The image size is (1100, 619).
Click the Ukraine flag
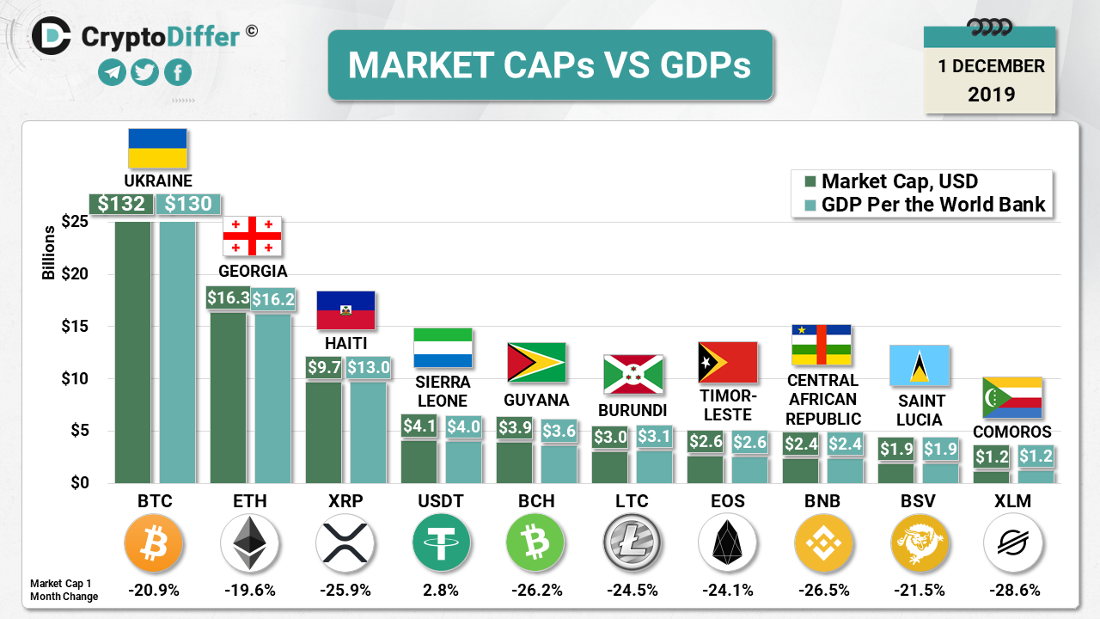tap(157, 148)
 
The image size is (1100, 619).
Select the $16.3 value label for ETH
tap(228, 297)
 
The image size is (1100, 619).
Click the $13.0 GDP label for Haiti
tap(369, 367)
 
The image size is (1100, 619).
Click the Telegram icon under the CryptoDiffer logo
tap(112, 73)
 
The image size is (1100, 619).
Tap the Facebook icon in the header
tap(177, 73)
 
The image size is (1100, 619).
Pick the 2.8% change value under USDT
tap(441, 591)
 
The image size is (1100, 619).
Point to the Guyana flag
tap(536, 362)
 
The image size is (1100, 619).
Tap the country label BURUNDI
tap(632, 410)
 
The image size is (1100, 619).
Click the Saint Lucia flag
tap(919, 365)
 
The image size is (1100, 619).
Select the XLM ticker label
tap(1013, 501)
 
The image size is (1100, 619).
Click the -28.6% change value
tap(1013, 591)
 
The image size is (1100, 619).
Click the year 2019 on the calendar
tap(991, 94)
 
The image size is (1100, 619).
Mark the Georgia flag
tap(253, 236)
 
